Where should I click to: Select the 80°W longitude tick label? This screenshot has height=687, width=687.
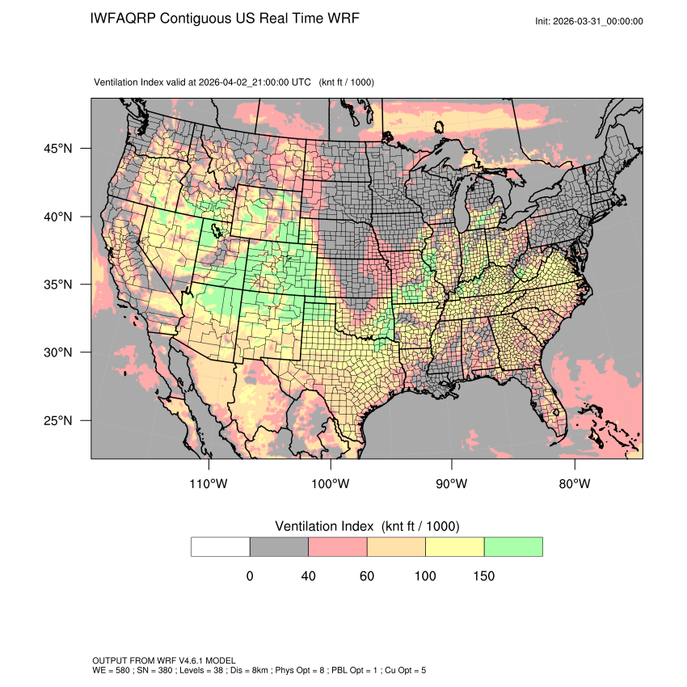coord(575,484)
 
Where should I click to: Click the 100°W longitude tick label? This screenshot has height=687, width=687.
coord(331,484)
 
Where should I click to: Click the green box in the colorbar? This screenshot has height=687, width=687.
coord(513,546)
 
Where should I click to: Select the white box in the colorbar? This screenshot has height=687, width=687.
coord(221,546)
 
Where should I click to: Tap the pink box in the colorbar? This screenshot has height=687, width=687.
coord(338,546)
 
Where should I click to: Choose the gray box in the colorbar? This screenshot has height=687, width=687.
coord(279,546)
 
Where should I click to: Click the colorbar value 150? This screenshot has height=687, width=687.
coord(484,576)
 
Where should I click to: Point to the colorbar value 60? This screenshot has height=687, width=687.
coord(367,576)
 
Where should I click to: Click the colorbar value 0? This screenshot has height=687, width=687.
coord(250,576)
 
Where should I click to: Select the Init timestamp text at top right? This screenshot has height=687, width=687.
coord(589,21)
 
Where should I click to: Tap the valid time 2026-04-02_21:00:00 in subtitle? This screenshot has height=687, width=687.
coord(254,82)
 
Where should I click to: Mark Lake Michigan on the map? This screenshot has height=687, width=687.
coord(460,206)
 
